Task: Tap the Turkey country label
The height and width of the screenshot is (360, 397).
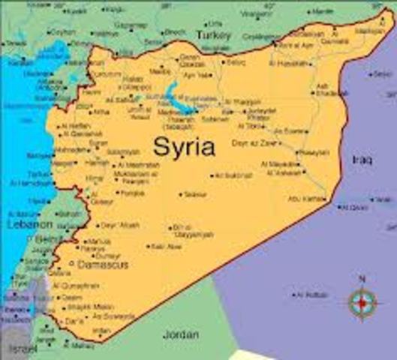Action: coord(213,34)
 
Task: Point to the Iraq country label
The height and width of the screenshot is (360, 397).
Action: coord(362,160)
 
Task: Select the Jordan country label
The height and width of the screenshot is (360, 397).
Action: coord(182,334)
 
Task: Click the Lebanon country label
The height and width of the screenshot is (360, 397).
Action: coord(29,224)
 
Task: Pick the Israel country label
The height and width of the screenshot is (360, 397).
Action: coord(22,349)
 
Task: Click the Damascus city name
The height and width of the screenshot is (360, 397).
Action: coord(103,265)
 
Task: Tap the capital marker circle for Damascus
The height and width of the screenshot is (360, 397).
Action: coord(72,265)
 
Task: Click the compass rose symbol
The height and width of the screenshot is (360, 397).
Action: coord(362,302)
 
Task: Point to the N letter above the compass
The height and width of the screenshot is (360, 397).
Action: coord(362,279)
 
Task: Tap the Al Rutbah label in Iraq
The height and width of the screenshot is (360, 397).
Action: coord(311,295)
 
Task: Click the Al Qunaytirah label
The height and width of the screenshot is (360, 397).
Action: coord(76,286)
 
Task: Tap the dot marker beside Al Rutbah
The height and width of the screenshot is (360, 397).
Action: coord(293,295)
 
